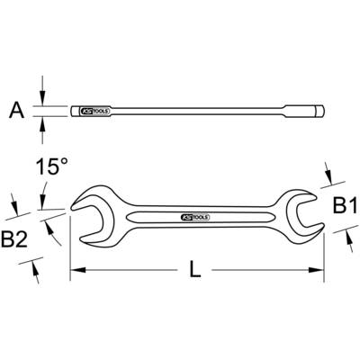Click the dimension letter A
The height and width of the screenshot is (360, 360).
pos(16,111)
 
